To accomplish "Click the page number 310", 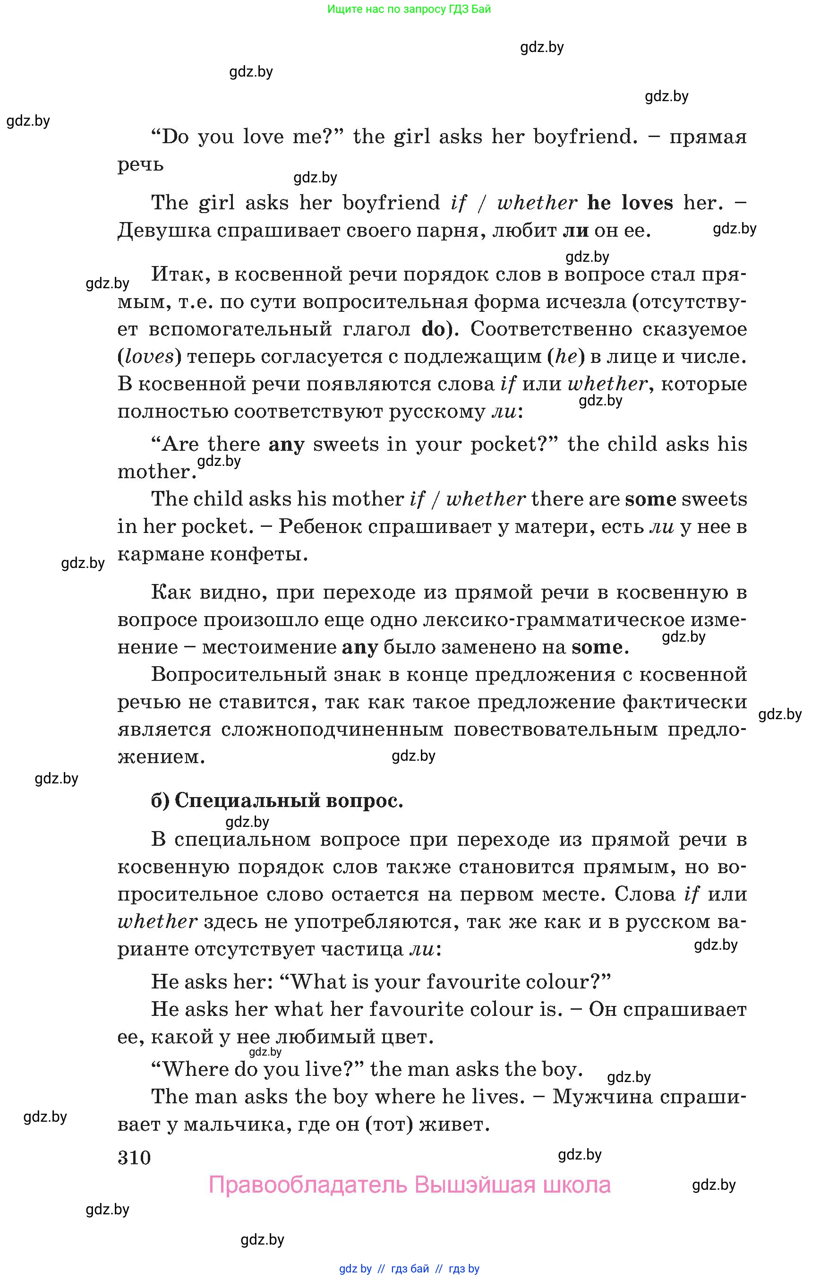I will coord(134,1158).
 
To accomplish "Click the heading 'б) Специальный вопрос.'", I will coord(277,800).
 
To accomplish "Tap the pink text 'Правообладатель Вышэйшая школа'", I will coord(410,1185).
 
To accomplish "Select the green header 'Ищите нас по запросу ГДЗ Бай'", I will coord(409,9).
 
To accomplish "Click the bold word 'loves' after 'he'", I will coord(647,203).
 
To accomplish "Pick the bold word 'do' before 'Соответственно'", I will coord(433,329).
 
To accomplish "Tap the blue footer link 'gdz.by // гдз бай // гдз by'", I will coord(409,1269).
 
